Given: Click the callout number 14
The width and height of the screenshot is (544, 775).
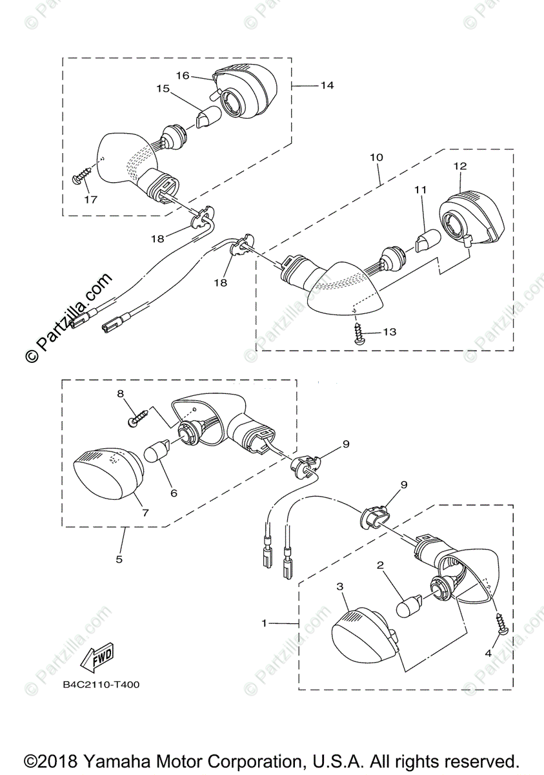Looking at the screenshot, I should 327,85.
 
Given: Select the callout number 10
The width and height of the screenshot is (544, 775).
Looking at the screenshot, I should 376,157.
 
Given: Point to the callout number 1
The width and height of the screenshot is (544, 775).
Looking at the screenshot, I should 264,623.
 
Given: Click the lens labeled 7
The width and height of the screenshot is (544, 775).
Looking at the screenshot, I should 108,475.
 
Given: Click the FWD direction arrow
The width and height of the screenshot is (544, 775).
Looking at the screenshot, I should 97,659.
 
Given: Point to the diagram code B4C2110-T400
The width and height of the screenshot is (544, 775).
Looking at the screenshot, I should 101,685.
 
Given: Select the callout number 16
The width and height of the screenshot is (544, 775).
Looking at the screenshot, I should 182,76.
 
